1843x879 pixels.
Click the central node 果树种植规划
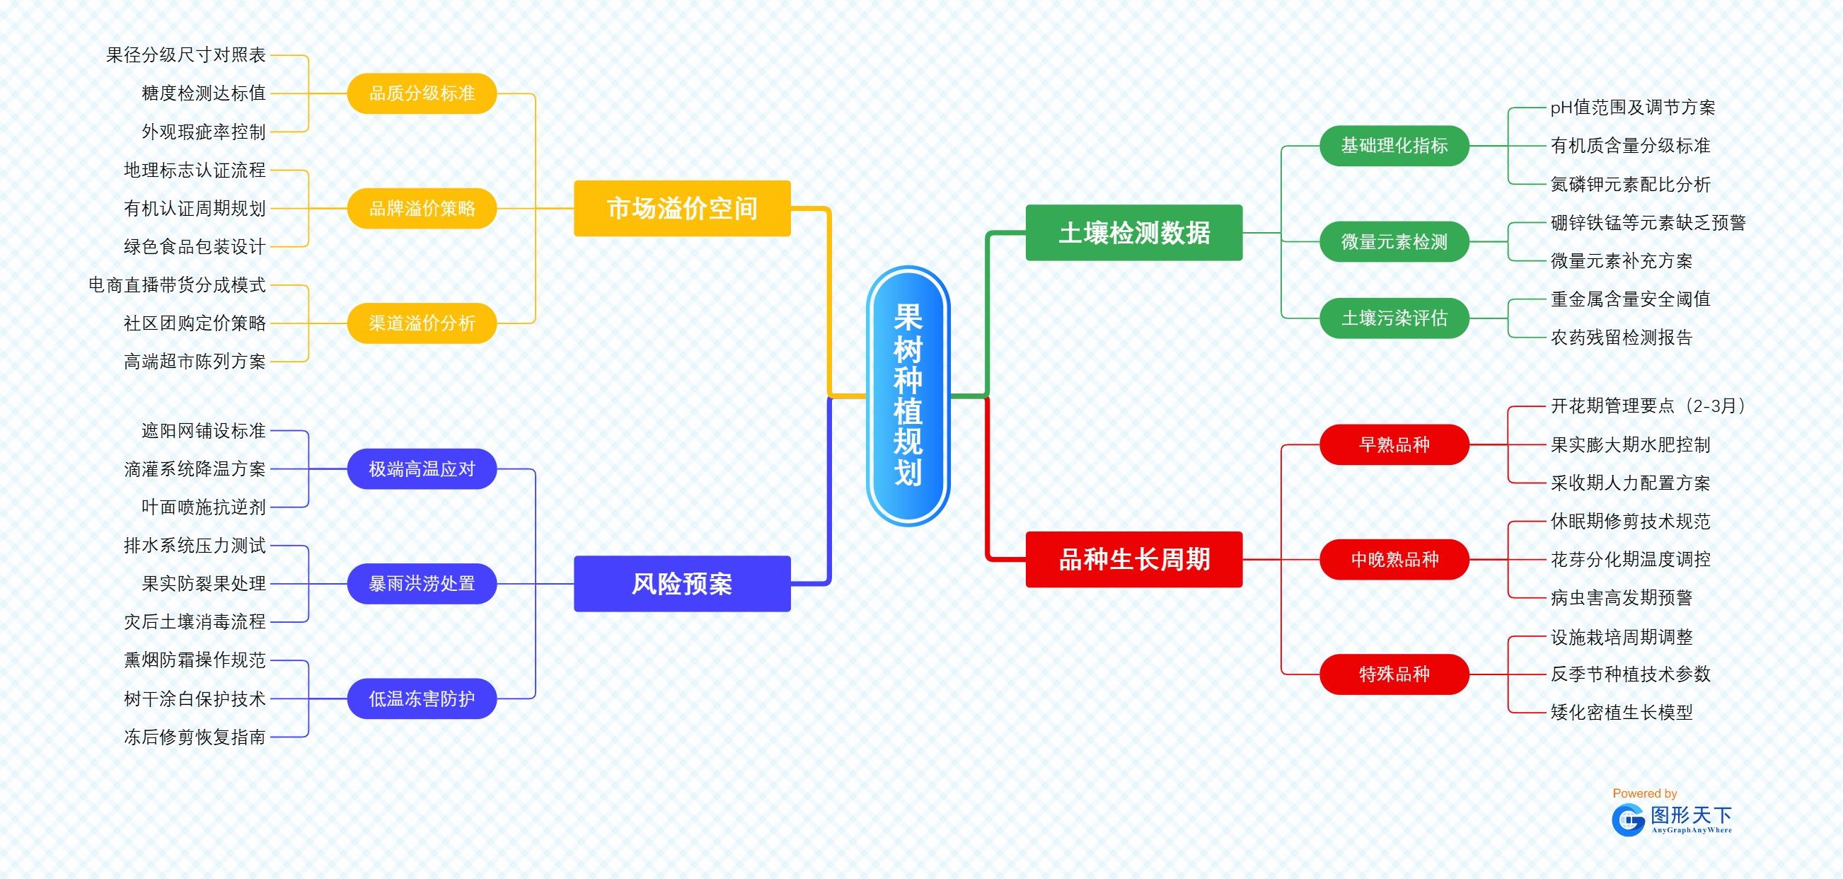coord(907,396)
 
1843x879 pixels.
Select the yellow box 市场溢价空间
coord(682,208)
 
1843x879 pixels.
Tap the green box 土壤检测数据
coord(1134,233)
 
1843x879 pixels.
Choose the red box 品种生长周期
coord(1134,559)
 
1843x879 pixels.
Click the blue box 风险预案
coord(682,584)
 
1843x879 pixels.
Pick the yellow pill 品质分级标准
coord(422,93)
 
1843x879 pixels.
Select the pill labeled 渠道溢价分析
coord(422,323)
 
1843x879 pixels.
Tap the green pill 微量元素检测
coord(1394,242)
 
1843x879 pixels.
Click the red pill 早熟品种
coord(1394,444)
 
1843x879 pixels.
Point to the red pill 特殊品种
coord(1394,674)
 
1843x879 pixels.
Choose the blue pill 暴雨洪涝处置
coord(422,583)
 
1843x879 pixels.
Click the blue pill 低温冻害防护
coord(422,699)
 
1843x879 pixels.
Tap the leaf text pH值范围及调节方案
coord(1633,108)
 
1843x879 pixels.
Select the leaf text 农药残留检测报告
coord(1622,337)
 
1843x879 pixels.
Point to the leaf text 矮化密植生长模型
coord(1622,712)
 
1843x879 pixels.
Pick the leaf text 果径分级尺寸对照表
coord(186,54)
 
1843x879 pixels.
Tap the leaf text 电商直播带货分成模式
coord(177,285)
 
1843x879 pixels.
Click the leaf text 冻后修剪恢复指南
coord(195,737)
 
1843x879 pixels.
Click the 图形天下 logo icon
coord(1628,820)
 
